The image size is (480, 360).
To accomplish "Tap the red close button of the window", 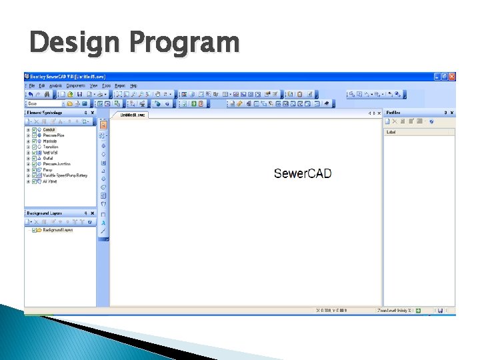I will coord(451,77).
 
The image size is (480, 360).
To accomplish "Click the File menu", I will coord(32,86).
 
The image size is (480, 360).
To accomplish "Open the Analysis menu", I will coord(55,86).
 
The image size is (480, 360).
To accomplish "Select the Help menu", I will coord(133,86).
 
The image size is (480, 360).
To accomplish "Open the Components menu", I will coord(75,86).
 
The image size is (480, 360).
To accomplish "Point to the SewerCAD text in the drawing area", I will coord(303,174).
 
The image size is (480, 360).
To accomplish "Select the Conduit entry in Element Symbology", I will coord(49,129).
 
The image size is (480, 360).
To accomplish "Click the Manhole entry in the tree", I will coord(50,141).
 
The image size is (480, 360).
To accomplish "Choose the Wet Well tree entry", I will coord(51,153).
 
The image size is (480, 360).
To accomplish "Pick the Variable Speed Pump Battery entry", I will coord(65,175).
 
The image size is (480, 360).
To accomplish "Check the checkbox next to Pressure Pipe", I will coord(35,135).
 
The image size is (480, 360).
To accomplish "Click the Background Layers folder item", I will coord(57,230).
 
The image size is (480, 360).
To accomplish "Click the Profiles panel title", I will coord(395,113).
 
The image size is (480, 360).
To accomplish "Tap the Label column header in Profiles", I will coord(392,132).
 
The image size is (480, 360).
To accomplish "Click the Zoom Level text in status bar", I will coord(393,311).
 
